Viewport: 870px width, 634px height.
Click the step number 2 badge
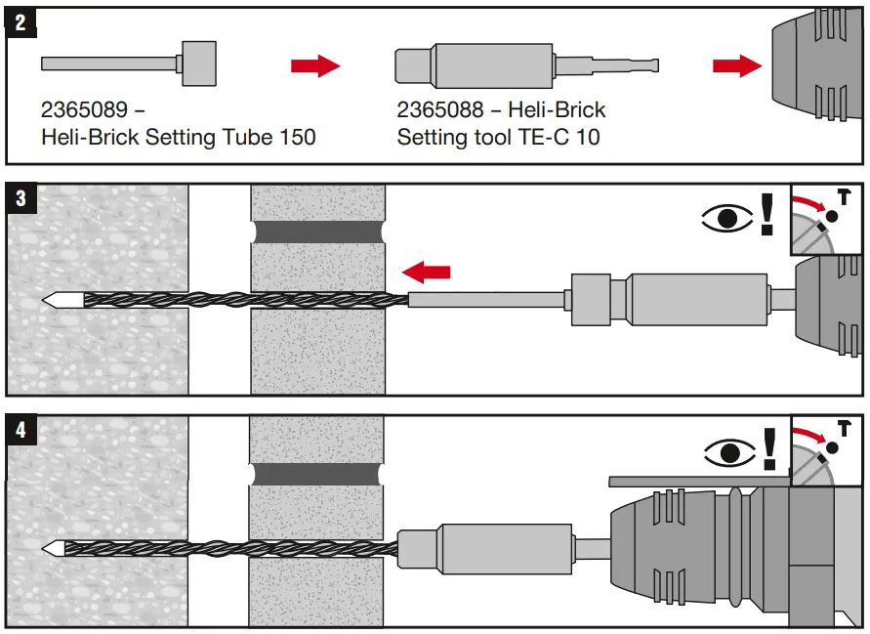pyautogui.click(x=21, y=22)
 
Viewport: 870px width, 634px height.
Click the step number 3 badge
pyautogui.click(x=21, y=199)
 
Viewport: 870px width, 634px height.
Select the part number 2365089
pyautogui.click(x=93, y=109)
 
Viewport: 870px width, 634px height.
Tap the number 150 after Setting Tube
pyautogui.click(x=296, y=137)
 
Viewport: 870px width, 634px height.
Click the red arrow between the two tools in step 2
pyautogui.click(x=315, y=66)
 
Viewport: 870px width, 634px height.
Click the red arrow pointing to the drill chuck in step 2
pyautogui.click(x=736, y=65)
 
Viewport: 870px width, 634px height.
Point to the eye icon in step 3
pyautogui.click(x=726, y=218)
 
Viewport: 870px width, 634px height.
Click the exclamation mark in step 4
pyautogui.click(x=768, y=447)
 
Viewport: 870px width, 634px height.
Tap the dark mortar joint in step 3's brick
pyautogui.click(x=317, y=232)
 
